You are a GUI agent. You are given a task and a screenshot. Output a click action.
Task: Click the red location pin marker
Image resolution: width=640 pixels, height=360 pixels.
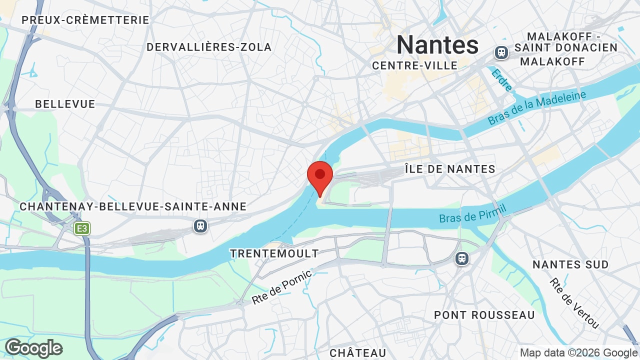tap(320, 176)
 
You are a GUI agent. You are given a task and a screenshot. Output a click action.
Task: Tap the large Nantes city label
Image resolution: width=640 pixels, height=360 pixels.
tap(437, 45)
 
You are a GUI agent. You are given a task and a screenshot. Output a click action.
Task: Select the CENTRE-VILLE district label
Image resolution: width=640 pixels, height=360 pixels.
tap(415, 65)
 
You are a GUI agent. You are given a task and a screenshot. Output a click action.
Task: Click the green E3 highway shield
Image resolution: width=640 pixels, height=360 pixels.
tap(82, 229)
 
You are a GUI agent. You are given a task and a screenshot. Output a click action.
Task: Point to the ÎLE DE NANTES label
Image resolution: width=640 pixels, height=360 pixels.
tap(449, 169)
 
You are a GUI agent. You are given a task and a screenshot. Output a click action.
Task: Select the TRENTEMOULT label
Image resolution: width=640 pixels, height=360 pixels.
tap(274, 253)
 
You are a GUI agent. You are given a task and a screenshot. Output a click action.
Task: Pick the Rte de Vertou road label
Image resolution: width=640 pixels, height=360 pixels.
tap(574, 303)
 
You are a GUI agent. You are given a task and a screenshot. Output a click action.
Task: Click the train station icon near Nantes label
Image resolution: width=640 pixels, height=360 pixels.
tap(501, 52)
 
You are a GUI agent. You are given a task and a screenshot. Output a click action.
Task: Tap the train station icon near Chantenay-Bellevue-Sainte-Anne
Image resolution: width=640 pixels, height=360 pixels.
tap(200, 226)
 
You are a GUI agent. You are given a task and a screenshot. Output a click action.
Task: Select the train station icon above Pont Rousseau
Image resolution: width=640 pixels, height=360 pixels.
tap(461, 258)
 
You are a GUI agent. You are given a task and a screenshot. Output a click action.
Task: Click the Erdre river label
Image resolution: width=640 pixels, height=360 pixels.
tap(502, 80)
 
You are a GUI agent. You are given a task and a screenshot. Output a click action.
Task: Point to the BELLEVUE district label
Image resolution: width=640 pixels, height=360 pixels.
tap(65, 104)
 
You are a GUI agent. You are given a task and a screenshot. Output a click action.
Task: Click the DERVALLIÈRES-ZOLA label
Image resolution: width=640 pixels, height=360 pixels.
tap(209, 47)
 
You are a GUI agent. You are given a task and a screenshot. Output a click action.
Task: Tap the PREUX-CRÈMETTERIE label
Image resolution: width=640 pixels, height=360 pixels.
tap(85, 20)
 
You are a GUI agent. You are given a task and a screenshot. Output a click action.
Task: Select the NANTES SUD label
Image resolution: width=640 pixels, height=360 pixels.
tap(570, 264)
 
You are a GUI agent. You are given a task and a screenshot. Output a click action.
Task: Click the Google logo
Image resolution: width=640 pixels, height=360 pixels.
tap(33, 348)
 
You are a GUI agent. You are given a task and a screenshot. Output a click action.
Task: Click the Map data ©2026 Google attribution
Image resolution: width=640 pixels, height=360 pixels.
tap(579, 353)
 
